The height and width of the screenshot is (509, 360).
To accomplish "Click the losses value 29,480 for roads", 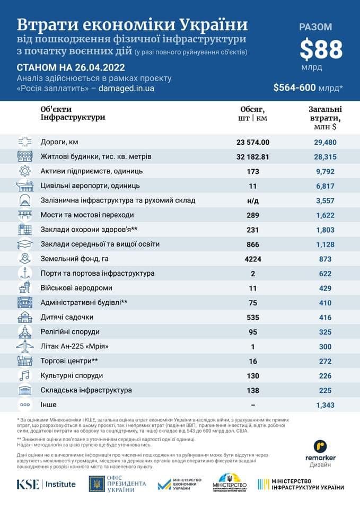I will coord(322,142).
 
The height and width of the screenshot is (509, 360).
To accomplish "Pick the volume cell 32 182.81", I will coord(252,157).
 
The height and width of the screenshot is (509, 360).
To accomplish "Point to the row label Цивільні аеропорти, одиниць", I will coord(90,186).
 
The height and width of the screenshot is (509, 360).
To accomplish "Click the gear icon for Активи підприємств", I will coord(25,171).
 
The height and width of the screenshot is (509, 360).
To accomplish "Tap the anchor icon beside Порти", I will coord(25,273).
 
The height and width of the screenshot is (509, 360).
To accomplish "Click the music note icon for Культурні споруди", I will coord(25,375).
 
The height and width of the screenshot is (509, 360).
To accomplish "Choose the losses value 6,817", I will coord(322,186).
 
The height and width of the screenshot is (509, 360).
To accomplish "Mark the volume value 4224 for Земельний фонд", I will coord(252,259).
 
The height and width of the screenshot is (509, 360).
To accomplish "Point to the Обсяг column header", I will coord(252,113).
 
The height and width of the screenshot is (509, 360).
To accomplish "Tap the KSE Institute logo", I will coord(46,484).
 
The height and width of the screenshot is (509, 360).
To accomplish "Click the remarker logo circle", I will coord(320,447).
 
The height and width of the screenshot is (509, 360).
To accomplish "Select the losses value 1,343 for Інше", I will coord(322,405).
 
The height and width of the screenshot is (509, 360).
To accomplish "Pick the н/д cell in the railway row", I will coord(252,200).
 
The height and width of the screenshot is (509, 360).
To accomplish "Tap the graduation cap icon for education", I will coord(25,244).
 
